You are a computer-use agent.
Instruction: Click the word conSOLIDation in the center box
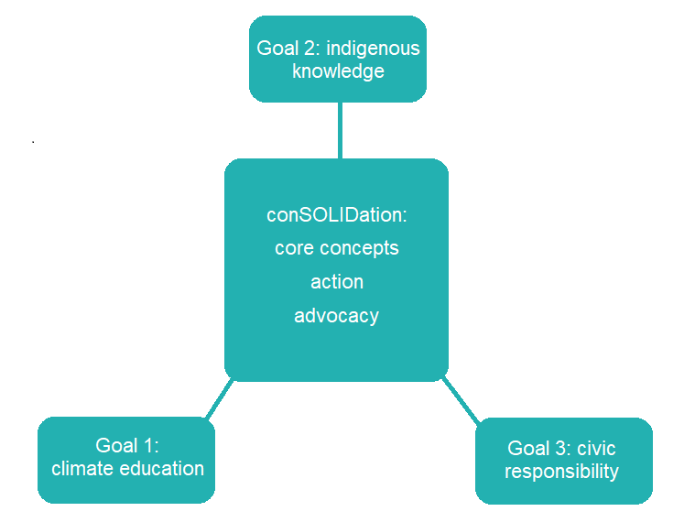tap(334, 214)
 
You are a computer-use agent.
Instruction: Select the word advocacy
tap(336, 316)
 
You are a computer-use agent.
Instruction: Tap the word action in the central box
tap(337, 282)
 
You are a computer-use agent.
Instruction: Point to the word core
tap(294, 248)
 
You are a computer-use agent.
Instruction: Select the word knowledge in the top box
tap(338, 71)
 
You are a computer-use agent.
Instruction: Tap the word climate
tap(81, 469)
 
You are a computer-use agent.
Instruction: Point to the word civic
tap(596, 449)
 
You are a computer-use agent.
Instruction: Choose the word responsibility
tap(561, 472)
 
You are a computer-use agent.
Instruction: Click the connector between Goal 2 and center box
tap(340, 130)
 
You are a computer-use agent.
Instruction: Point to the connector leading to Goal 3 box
tap(460, 400)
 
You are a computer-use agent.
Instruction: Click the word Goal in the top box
tap(277, 49)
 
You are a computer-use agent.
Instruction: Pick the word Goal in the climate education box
tap(115, 446)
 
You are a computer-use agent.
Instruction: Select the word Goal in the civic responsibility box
tap(527, 449)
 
